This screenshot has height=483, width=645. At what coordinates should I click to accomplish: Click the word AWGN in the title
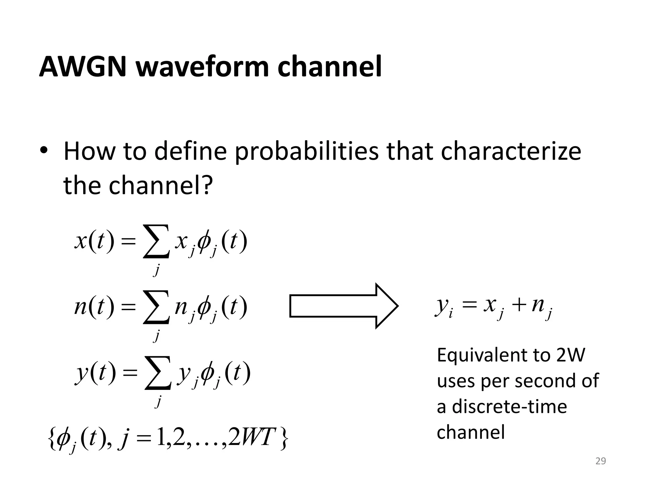click(83, 67)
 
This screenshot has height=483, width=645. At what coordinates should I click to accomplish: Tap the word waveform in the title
click(202, 67)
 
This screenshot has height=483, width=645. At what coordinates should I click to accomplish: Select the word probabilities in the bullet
click(307, 152)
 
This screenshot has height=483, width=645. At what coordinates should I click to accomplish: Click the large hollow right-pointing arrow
click(344, 306)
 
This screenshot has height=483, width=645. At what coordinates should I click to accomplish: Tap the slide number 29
click(601, 461)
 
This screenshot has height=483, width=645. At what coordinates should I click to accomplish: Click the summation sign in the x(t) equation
click(157, 241)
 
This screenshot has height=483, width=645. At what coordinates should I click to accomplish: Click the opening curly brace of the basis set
click(52, 438)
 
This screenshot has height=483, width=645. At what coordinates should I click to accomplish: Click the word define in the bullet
click(190, 152)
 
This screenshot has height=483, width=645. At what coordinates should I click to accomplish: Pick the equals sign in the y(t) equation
click(130, 373)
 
